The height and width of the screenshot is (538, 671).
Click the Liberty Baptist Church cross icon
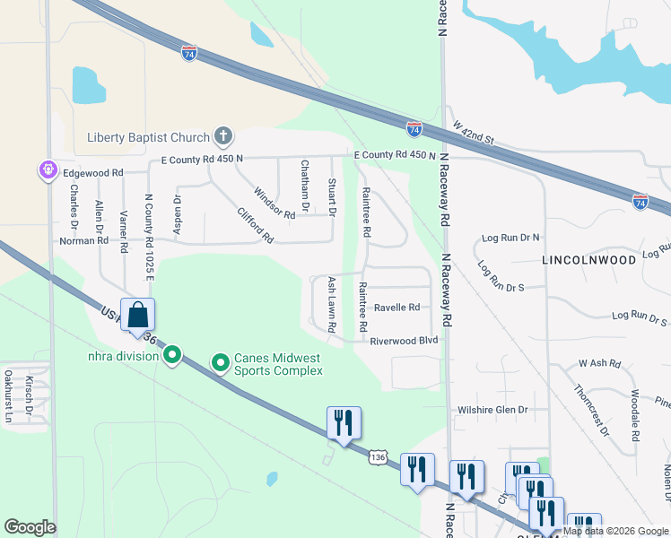223,137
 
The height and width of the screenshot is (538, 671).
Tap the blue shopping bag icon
137,316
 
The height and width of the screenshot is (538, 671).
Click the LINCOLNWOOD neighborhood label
588,259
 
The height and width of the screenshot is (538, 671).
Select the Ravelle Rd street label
396,307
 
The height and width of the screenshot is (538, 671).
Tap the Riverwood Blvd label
404,341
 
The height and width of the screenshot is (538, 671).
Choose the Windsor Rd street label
274,204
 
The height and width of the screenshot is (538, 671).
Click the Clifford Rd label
255,226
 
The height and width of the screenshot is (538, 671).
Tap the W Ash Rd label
599,363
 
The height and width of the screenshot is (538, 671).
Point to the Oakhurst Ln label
8,396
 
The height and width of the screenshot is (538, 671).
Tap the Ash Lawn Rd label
331,305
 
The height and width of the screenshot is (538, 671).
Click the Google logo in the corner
30,527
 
